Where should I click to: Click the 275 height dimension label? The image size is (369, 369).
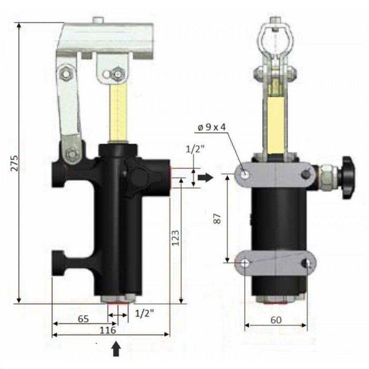coord(15,163)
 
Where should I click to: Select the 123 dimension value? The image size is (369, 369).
coord(175,238)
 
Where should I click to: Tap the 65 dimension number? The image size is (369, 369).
coord(83,319)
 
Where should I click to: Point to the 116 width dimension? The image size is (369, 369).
coord(108,330)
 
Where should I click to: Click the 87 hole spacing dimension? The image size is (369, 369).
coord(218,219)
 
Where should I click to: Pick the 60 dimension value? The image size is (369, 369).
coord(276,320)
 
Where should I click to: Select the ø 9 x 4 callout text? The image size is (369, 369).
coord(212,128)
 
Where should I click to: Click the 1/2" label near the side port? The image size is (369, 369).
coord(195,149)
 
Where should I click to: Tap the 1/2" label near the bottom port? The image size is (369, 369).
coord(144,314)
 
